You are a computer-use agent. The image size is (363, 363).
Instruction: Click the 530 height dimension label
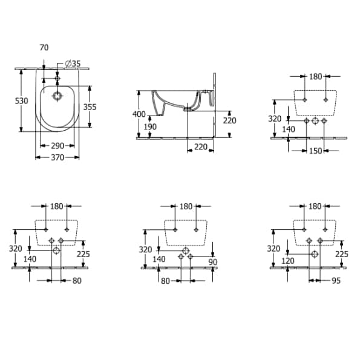[22, 101]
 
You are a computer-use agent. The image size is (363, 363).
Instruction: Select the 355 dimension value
[90, 107]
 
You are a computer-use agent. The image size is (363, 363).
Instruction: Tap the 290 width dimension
[57, 146]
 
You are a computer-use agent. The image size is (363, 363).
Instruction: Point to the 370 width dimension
[57, 157]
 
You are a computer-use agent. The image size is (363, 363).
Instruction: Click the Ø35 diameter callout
[73, 64]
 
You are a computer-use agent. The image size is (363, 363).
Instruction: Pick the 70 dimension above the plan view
[44, 47]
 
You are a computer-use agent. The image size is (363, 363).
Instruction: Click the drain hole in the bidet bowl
[57, 96]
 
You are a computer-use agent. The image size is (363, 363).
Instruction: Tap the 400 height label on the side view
[139, 114]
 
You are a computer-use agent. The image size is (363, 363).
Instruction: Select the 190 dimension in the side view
[150, 127]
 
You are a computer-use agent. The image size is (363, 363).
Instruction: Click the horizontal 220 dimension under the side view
[201, 147]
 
